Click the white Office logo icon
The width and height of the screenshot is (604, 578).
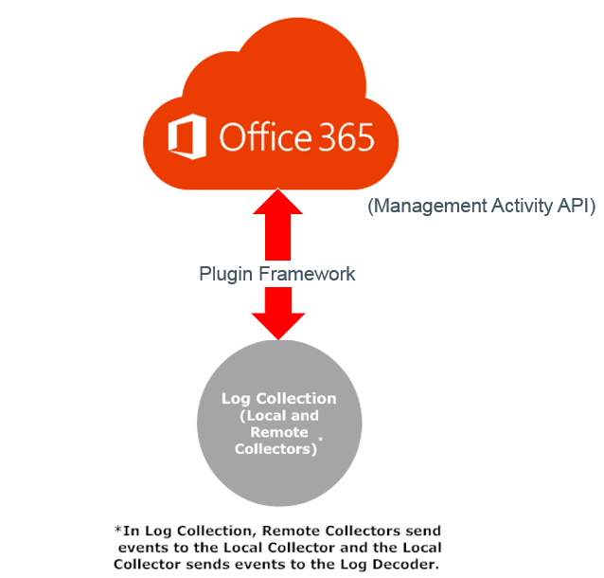(x=187, y=138)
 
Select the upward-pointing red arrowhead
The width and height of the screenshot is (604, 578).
(x=278, y=203)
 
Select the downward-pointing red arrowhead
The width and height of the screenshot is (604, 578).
(x=278, y=324)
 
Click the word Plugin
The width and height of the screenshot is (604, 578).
(x=226, y=274)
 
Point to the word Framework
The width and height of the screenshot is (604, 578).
(x=307, y=274)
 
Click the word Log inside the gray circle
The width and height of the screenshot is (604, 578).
(x=235, y=398)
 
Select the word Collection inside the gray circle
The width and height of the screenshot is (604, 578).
(x=297, y=398)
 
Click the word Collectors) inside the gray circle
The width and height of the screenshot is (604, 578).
(x=276, y=448)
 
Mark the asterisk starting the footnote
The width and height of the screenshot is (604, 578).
(x=117, y=530)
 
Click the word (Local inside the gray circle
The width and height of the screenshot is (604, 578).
(x=264, y=415)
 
